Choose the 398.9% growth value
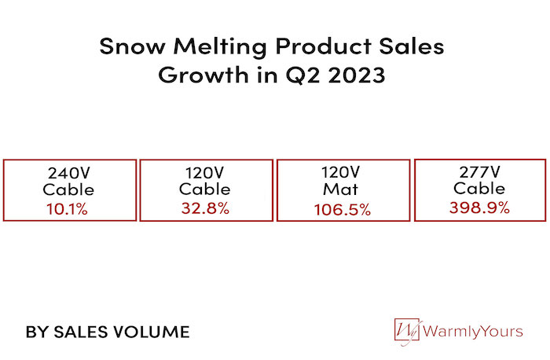[x=479, y=208]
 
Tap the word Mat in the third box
[x=343, y=190]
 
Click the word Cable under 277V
[x=479, y=189]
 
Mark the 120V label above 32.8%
[x=205, y=172]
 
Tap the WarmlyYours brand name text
[x=472, y=332]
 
